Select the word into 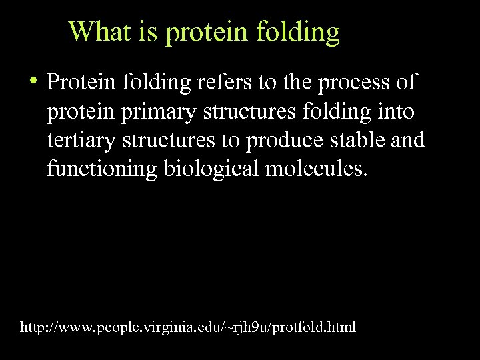[395, 111]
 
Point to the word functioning [101, 170]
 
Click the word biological [211, 170]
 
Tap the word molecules [316, 169]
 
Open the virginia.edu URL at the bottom [189, 327]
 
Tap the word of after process [404, 83]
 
